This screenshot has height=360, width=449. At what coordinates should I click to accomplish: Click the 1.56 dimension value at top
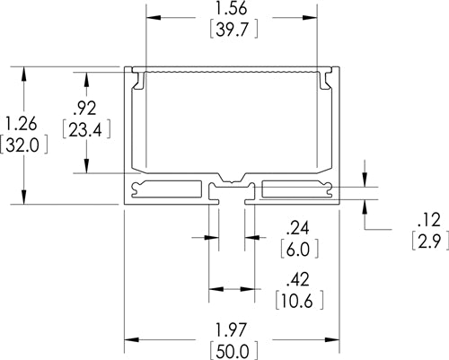pyautogui.click(x=232, y=10)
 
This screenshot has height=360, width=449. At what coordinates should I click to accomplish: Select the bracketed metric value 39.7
pyautogui.click(x=232, y=32)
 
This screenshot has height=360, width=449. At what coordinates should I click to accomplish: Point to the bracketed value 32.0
pyautogui.click(x=22, y=145)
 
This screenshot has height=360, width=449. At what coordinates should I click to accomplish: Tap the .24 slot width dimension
pyautogui.click(x=299, y=226)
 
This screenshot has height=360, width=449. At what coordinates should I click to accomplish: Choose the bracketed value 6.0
pyautogui.click(x=299, y=248)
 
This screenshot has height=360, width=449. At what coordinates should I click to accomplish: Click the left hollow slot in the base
pyautogui.click(x=167, y=189)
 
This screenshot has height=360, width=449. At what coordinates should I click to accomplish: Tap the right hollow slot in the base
pyautogui.click(x=297, y=189)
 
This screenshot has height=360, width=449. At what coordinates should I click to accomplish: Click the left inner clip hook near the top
pyautogui.click(x=140, y=82)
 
